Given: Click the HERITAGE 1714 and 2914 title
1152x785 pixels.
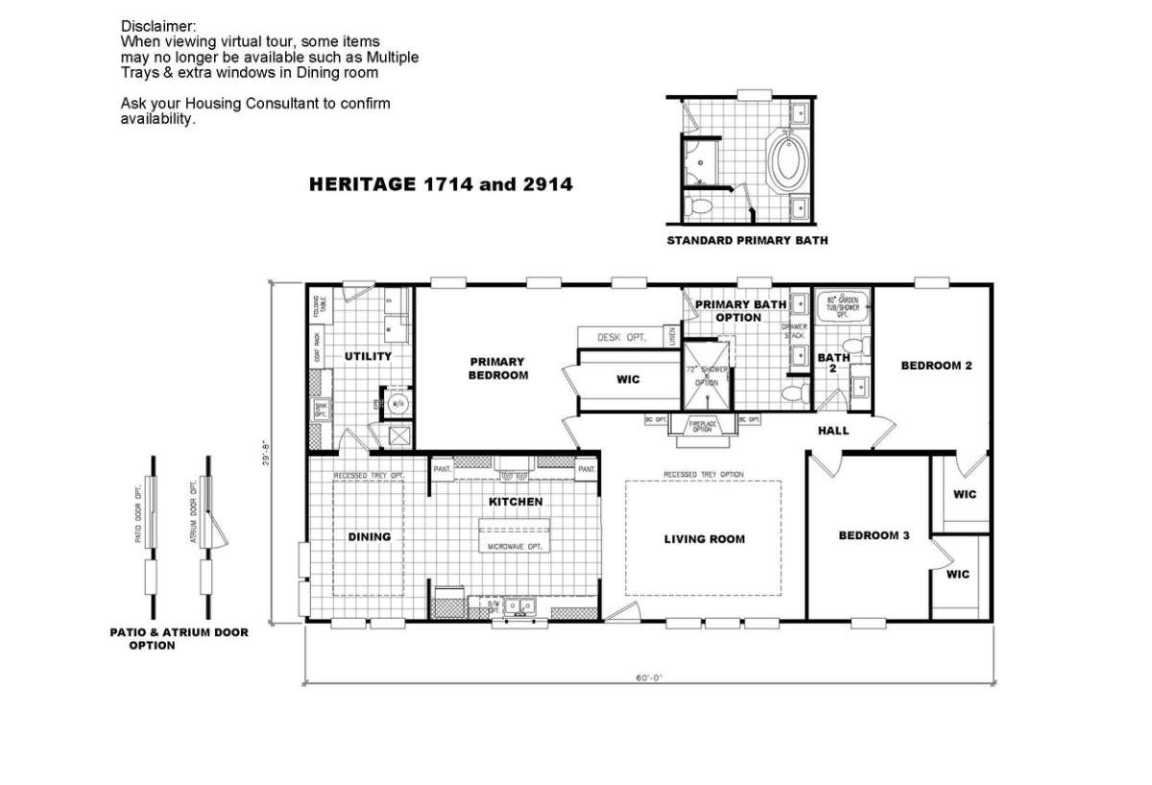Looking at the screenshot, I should [441, 184].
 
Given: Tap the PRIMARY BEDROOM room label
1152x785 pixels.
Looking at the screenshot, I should [498, 369].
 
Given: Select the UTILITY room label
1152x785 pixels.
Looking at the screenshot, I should [368, 356].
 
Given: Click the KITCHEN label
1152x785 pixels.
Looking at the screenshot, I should [516, 502].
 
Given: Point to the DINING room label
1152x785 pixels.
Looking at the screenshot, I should [369, 536].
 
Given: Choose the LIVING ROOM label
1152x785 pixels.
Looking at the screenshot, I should [704, 539].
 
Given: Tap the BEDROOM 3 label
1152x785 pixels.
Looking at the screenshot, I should [873, 535].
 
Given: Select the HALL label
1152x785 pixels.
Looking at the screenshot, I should [833, 431].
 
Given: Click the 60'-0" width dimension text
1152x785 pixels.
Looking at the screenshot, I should [649, 677].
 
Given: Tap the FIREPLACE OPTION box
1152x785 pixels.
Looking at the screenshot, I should [703, 424].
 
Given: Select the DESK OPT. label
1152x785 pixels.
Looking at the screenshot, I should [622, 338].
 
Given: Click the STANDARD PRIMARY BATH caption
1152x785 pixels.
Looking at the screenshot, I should [747, 241].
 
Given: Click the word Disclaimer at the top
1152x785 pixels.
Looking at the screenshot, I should [156, 24].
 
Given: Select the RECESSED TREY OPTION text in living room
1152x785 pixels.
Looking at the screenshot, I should [704, 475].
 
